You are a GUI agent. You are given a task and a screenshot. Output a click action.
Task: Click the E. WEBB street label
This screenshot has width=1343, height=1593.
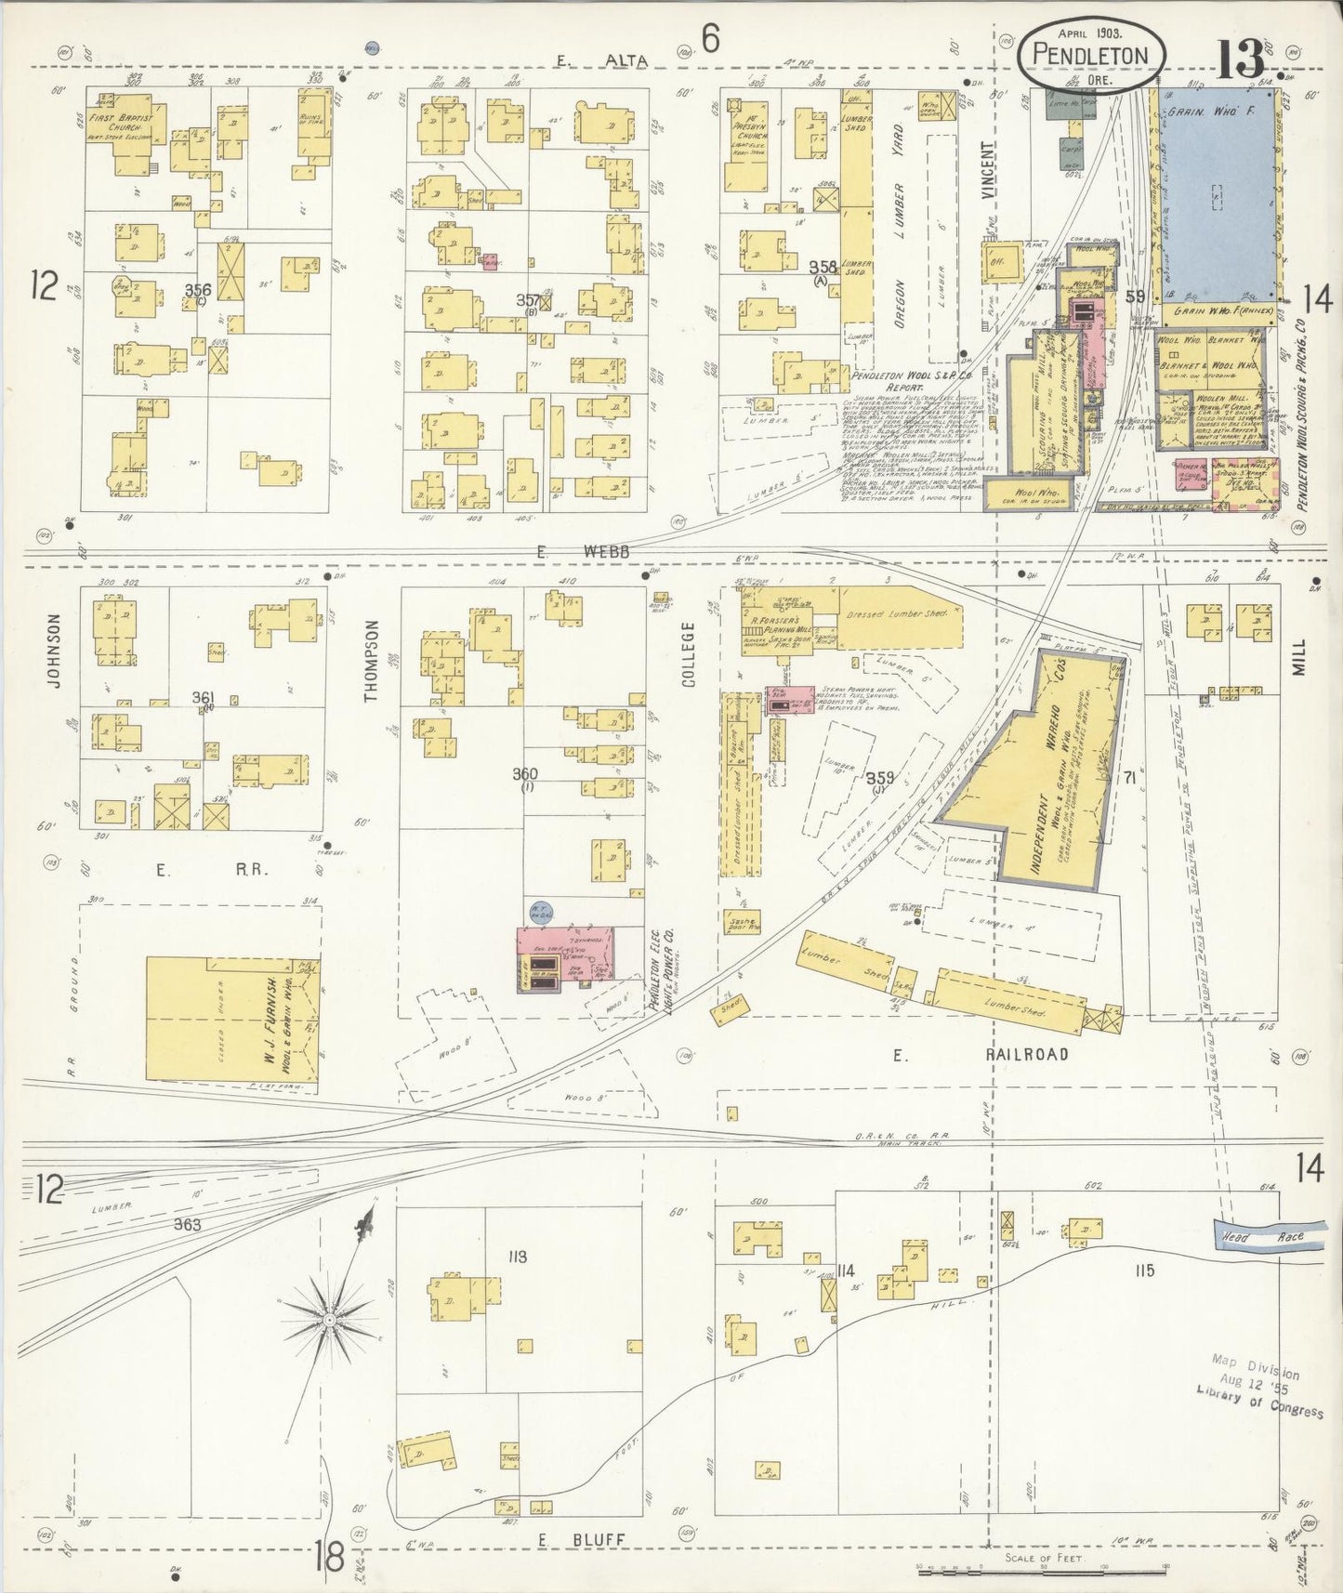pos(582,552)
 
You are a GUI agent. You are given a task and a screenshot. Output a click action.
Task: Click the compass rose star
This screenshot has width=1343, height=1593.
pos(329,1319)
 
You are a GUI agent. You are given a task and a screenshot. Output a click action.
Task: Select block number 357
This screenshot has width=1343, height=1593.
pos(528,300)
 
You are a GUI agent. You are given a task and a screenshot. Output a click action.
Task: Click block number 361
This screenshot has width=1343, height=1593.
pos(203,697)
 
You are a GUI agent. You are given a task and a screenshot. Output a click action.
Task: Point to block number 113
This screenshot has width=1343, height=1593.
pos(518,1257)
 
